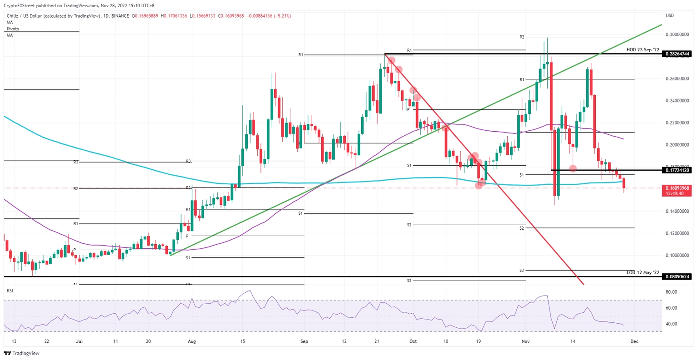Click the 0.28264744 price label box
pyautogui.click(x=678, y=54)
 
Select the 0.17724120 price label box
pyautogui.click(x=678, y=170)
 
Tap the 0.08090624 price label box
pyautogui.click(x=678, y=276)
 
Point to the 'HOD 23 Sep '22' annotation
pyautogui.click(x=642, y=49)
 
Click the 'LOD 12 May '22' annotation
pyautogui.click(x=643, y=272)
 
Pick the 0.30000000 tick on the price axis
pyautogui.click(x=677, y=35)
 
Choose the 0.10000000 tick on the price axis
pyautogui.click(x=677, y=256)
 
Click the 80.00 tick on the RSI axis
pyautogui.click(x=672, y=292)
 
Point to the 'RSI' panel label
pyautogui.click(x=10, y=289)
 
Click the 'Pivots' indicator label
pyautogui.click(x=13, y=29)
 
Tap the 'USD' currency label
pyautogui.click(x=670, y=15)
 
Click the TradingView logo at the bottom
pyautogui.click(x=22, y=353)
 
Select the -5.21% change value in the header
pyautogui.click(x=282, y=16)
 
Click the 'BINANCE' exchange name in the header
pyautogui.click(x=120, y=16)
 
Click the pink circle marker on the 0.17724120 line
pyautogui.click(x=573, y=168)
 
